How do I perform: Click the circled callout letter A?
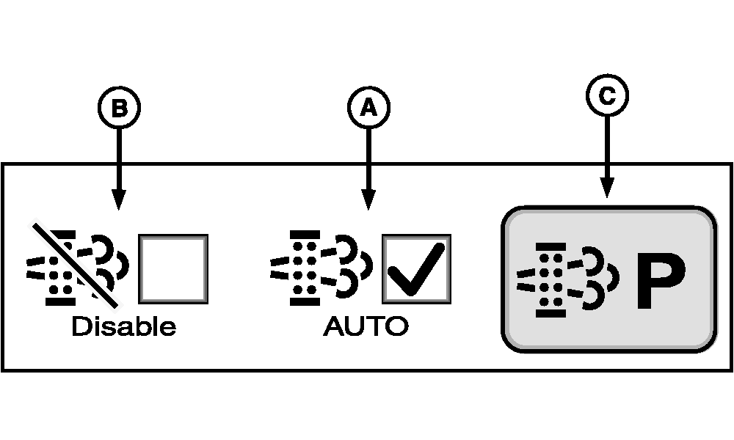[x=368, y=109]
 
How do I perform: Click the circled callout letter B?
[x=119, y=109]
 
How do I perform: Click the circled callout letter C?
[x=607, y=95]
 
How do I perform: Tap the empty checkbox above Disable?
[x=173, y=268]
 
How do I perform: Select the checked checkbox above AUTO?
[x=416, y=268]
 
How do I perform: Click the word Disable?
[x=123, y=326]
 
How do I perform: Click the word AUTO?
[x=365, y=326]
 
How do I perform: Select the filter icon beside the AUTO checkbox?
[x=321, y=268]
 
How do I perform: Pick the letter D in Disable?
[x=79, y=326]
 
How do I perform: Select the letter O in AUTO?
[x=396, y=326]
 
